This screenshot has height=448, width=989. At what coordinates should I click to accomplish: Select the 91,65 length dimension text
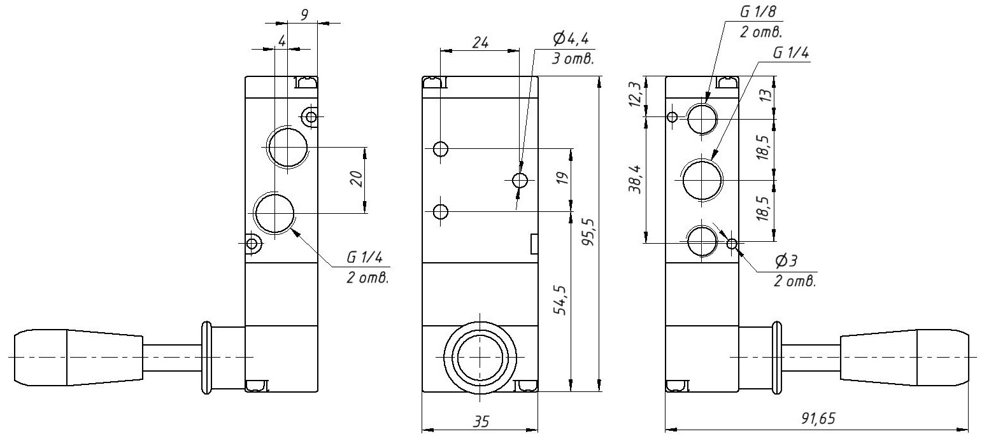point(818,419)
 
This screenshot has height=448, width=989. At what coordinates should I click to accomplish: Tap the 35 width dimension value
point(481,422)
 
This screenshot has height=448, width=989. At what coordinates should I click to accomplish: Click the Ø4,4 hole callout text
point(571,39)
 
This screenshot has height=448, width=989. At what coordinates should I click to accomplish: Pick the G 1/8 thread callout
point(758,12)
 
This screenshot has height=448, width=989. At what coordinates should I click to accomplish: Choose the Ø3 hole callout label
point(786,262)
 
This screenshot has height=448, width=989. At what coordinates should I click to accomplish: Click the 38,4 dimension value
point(636,178)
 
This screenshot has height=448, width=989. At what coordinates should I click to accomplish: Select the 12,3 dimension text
point(635,94)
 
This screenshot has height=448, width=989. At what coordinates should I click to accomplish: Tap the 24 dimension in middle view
point(480,43)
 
